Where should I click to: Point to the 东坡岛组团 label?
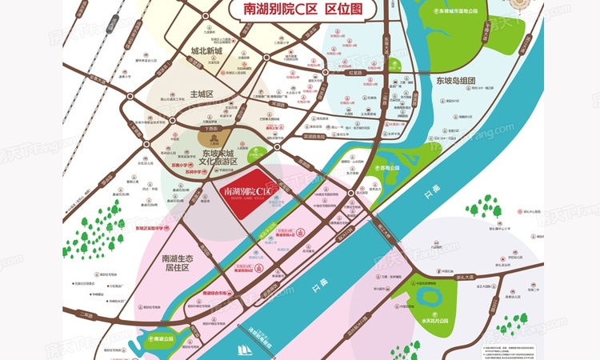coord(456,81)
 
